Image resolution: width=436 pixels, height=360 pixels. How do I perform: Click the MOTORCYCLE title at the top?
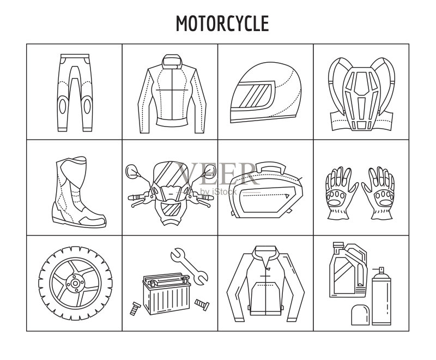222,23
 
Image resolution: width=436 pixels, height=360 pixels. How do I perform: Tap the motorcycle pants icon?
75,93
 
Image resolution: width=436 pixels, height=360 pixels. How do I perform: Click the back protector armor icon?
361,94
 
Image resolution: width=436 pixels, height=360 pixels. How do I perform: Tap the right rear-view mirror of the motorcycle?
210,171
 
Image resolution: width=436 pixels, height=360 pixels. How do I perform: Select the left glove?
340,193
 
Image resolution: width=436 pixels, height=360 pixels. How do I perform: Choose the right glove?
379,193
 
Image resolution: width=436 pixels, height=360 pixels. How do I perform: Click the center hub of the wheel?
75,283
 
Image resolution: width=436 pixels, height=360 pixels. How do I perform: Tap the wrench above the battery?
189,266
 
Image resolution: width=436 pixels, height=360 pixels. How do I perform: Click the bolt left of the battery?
135,309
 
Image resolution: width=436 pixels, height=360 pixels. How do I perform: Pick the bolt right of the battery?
202,304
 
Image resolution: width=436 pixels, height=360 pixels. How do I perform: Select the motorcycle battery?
167,294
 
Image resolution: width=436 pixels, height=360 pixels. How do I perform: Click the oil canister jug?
348,269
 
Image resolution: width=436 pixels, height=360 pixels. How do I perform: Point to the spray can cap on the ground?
360,315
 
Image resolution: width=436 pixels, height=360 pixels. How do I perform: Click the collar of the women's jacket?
172,61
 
